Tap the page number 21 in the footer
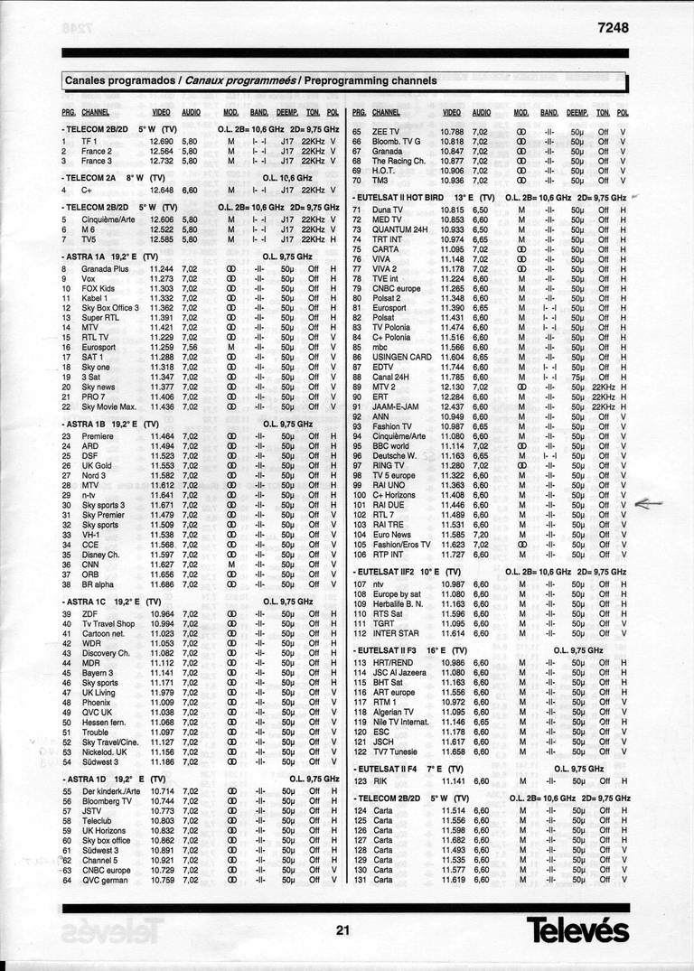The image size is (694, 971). pyautogui.click(x=341, y=932)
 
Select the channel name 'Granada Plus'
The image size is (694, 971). pyautogui.click(x=105, y=269)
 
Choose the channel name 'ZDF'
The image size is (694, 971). pyautogui.click(x=89, y=614)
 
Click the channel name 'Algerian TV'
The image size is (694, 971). pyautogui.click(x=395, y=713)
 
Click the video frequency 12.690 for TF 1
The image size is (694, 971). pyautogui.click(x=161, y=141)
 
